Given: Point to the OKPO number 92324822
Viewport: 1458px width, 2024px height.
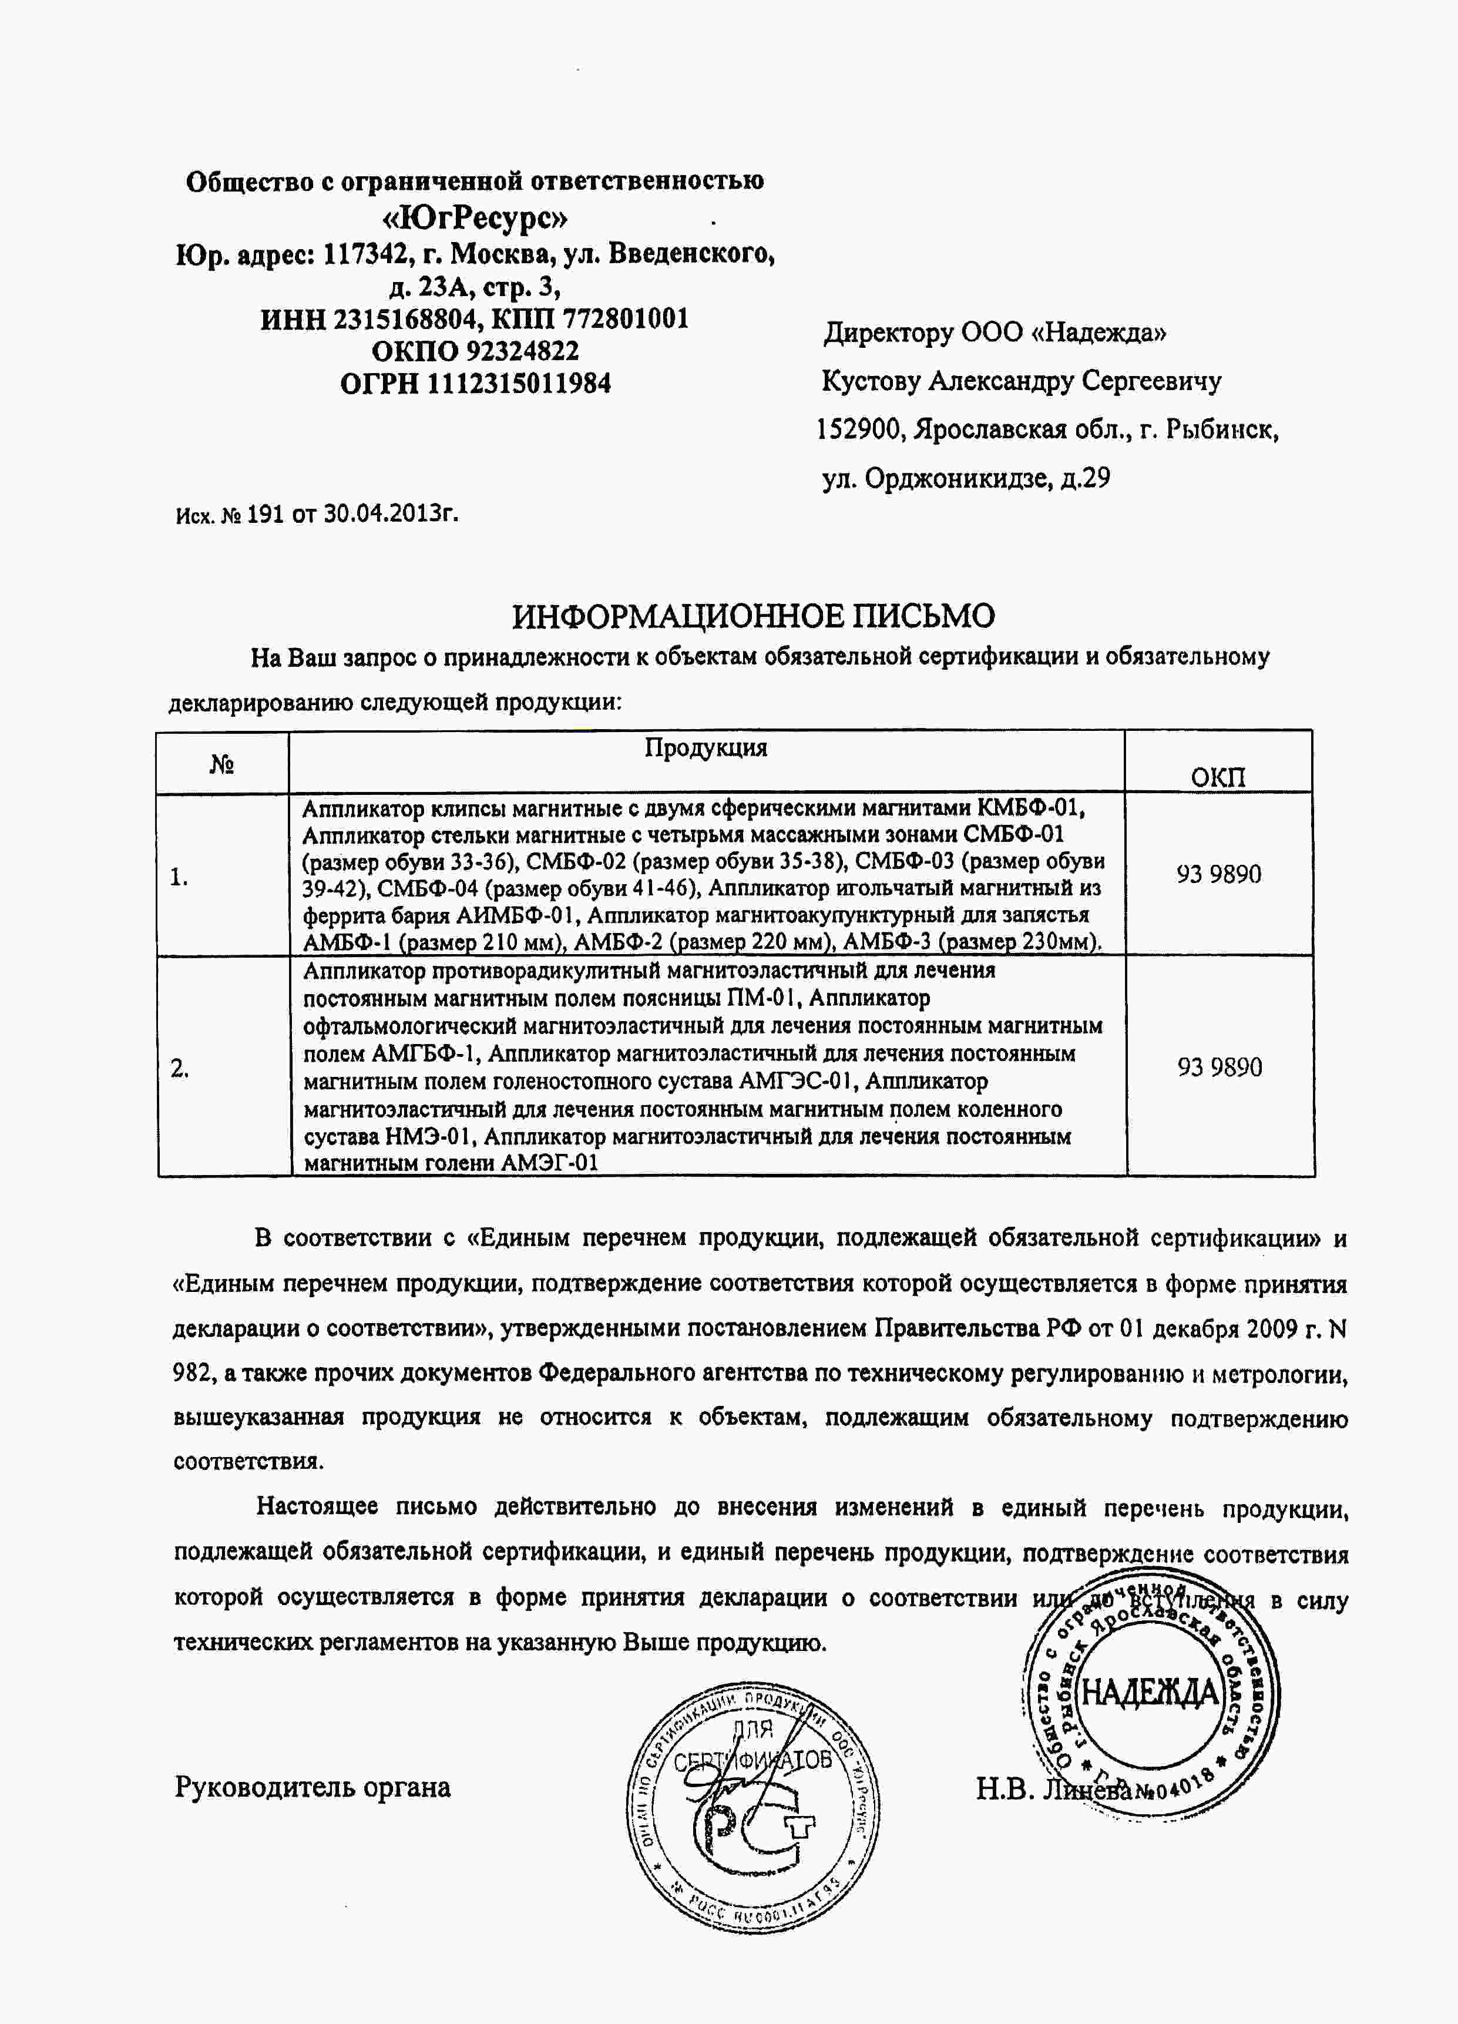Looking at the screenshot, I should [x=522, y=351].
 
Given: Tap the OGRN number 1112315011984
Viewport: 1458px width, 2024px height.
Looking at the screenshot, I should [x=519, y=384].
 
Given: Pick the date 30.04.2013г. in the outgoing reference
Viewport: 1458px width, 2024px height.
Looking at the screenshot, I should [x=391, y=513].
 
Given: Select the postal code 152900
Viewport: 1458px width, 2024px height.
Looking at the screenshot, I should [x=860, y=430].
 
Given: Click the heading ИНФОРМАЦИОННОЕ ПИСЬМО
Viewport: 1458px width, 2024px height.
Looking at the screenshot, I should [x=753, y=616].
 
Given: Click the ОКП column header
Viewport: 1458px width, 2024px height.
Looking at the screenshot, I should [x=1218, y=776].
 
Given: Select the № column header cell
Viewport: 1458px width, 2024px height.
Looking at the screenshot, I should [x=222, y=764].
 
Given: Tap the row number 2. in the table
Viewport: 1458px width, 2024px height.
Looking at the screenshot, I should [x=180, y=1068].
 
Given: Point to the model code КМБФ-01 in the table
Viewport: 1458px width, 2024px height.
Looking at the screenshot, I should [x=1030, y=808].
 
